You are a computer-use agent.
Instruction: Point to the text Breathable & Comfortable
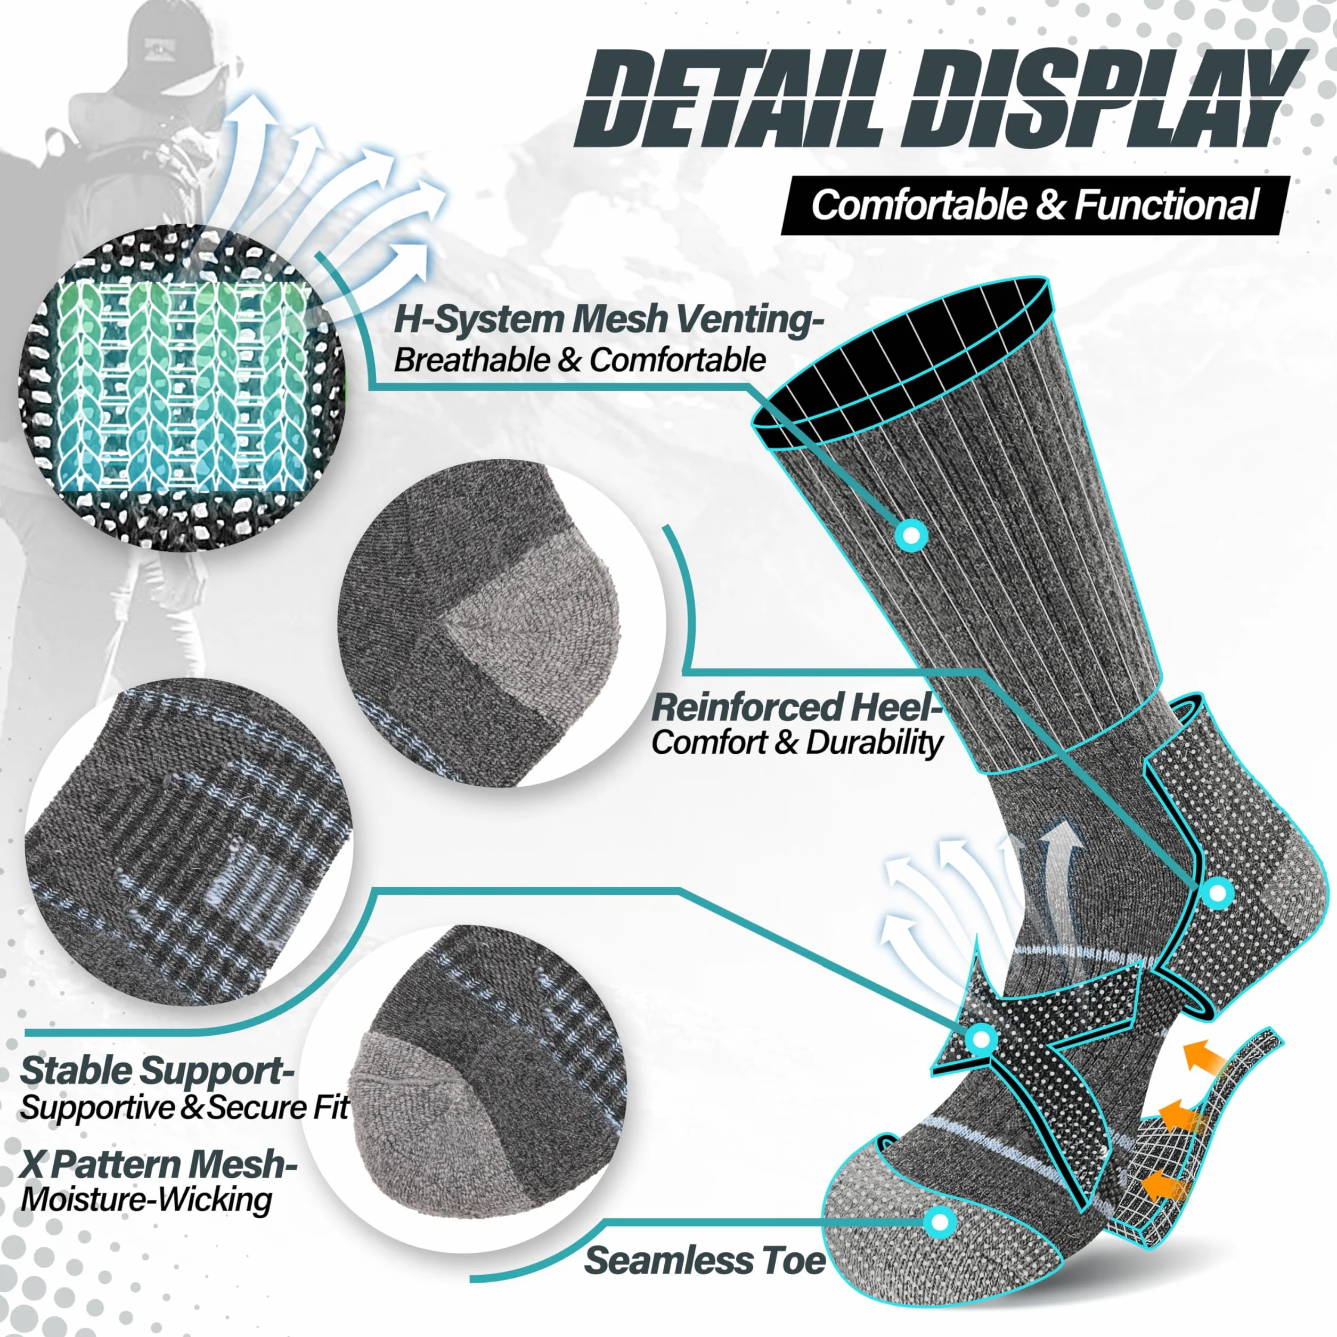point(580,361)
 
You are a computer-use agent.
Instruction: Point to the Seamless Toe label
point(705,1260)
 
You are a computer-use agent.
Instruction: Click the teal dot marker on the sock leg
point(911,534)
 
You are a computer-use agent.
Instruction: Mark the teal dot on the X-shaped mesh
point(981,1057)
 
